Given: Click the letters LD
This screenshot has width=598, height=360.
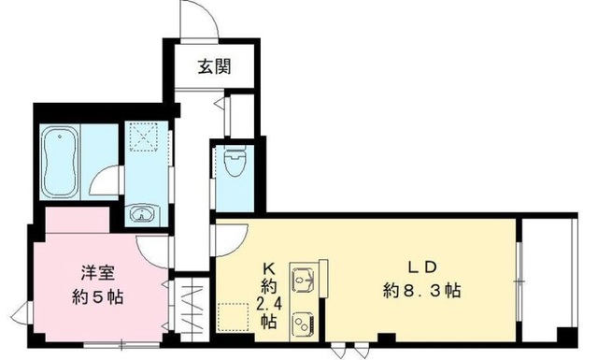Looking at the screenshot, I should pyautogui.click(x=425, y=266).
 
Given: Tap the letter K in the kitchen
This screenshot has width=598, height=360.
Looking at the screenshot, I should pyautogui.click(x=268, y=264).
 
